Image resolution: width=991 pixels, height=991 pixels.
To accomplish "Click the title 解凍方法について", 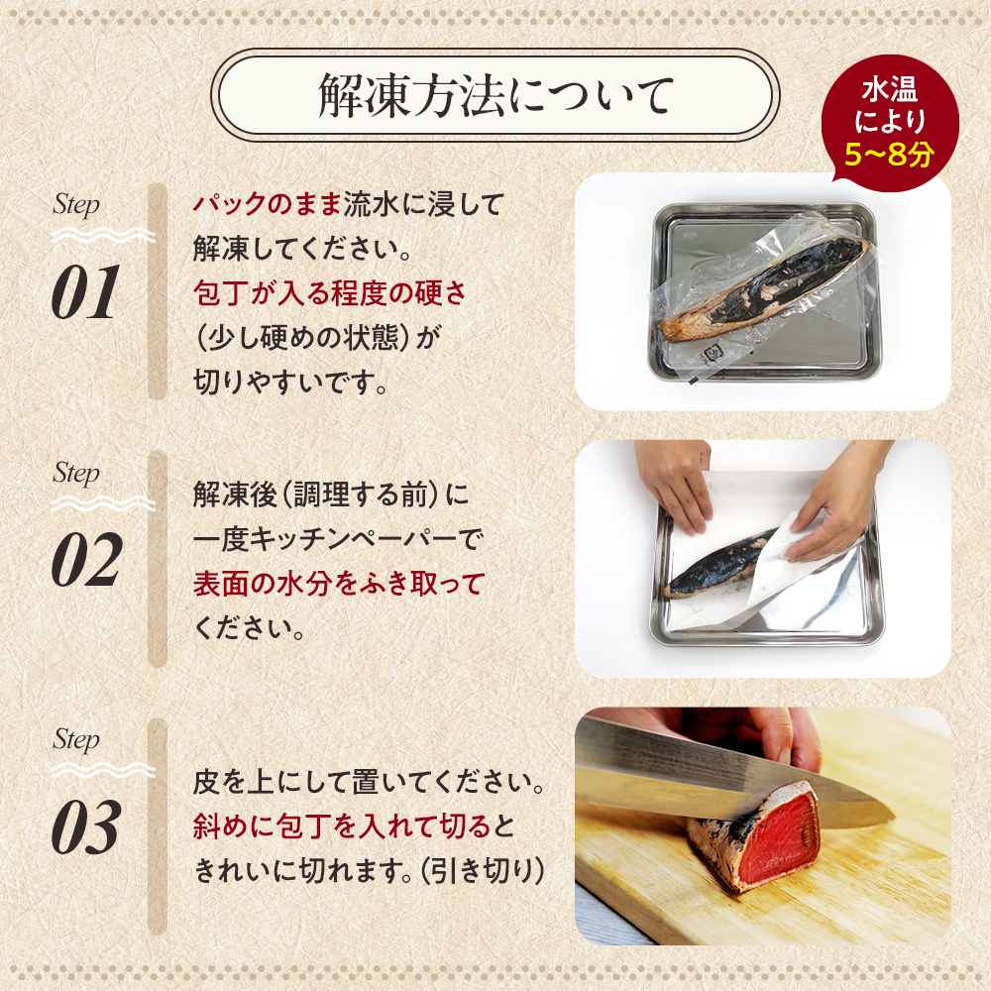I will click(495, 96).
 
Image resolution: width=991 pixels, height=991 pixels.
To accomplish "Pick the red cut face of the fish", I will click(783, 832).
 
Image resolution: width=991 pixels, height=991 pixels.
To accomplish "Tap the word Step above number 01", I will click(76, 206).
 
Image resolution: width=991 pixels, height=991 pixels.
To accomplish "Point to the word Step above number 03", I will click(76, 740).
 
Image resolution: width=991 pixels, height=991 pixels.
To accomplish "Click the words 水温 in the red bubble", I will click(889, 92).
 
